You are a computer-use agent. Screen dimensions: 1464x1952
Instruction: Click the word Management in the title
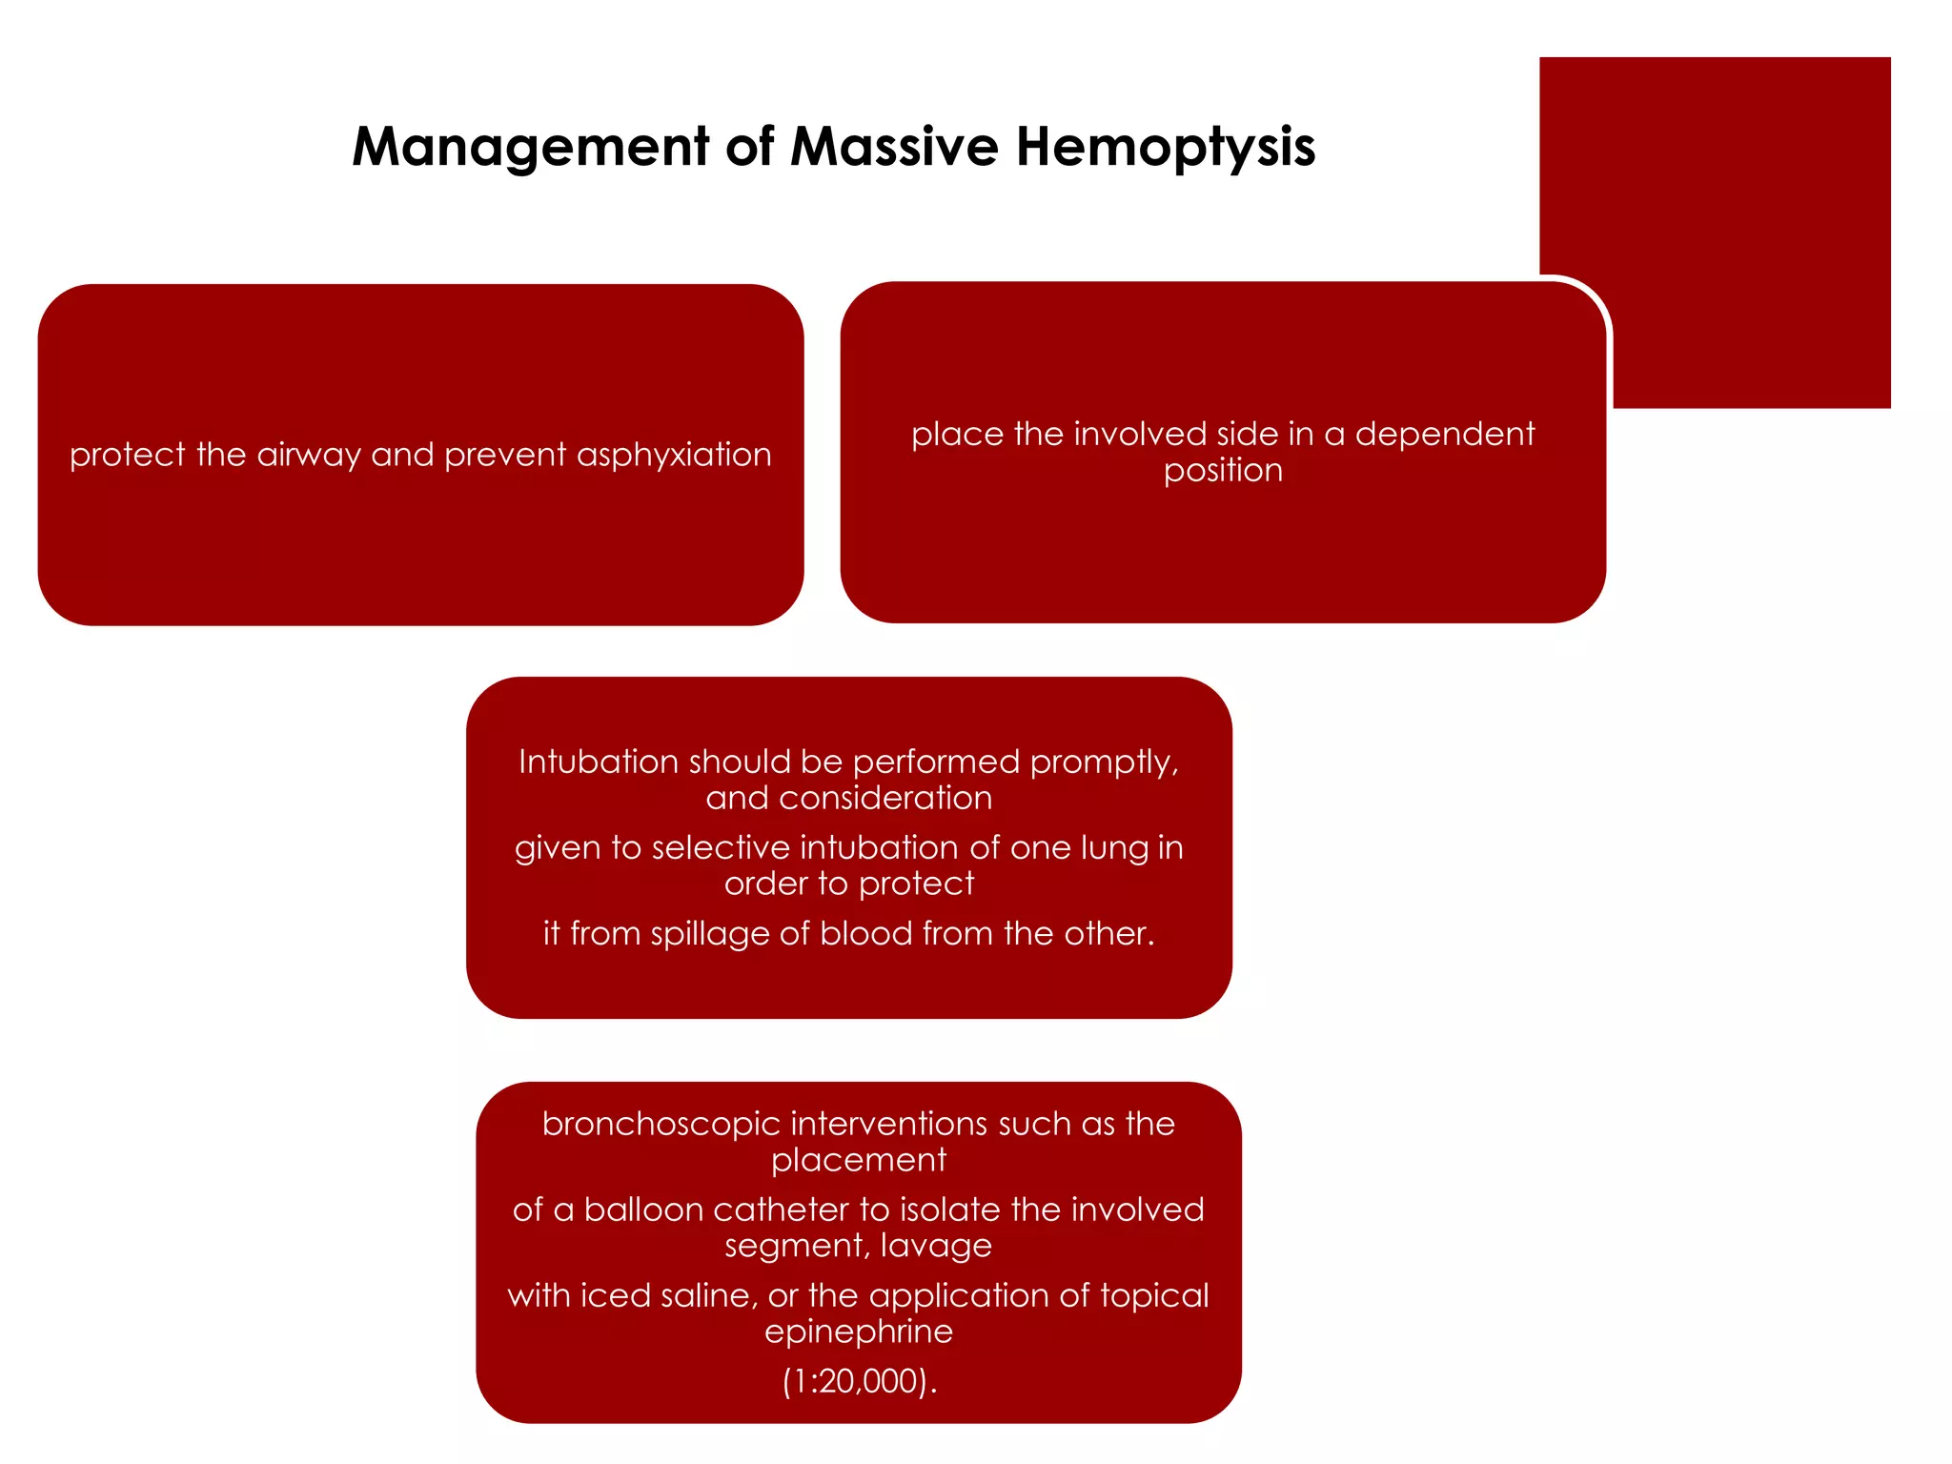530,148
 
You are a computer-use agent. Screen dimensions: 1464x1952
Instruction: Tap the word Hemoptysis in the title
1165,148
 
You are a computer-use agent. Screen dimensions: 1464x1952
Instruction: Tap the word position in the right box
1223,471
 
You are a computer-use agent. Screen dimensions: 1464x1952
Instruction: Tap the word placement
858,1161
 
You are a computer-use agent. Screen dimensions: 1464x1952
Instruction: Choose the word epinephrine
858,1332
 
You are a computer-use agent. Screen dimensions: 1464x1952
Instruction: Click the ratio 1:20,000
858,1382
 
